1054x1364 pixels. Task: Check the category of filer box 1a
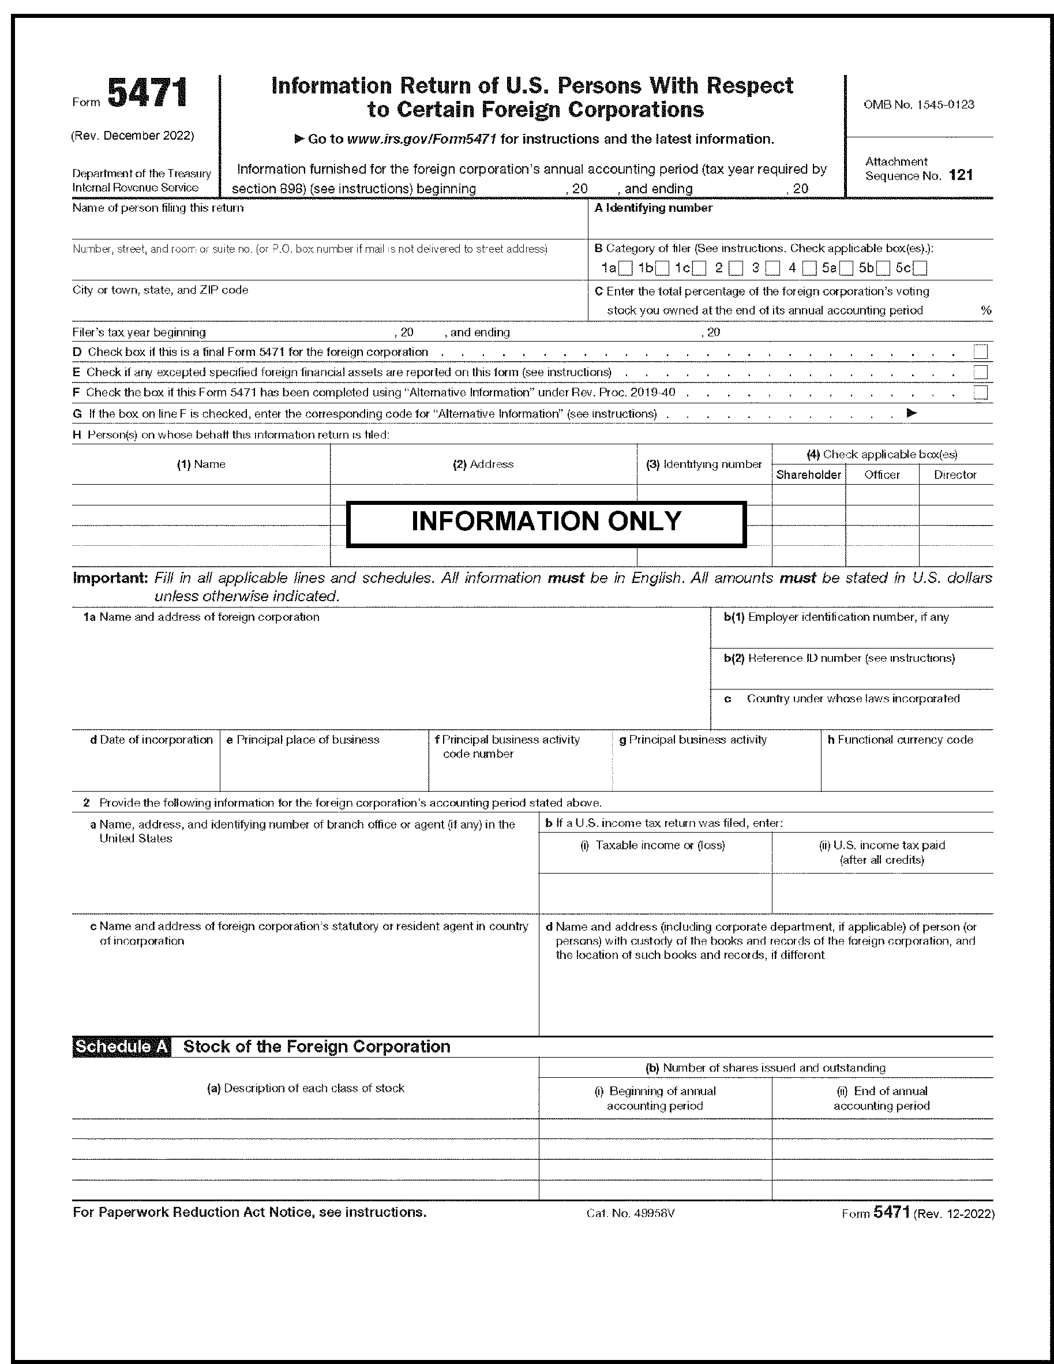[x=627, y=268]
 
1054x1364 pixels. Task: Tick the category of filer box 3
[x=773, y=268]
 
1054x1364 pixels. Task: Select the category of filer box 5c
[x=920, y=268]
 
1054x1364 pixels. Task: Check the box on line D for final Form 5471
[x=980, y=352]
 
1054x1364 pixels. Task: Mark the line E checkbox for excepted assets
[x=980, y=373]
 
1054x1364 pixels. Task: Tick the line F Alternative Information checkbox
[x=980, y=393]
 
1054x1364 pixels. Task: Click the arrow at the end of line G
[x=911, y=413]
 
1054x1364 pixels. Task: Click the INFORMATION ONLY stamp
[x=546, y=522]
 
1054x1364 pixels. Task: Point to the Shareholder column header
[x=809, y=475]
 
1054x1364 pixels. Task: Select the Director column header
[x=955, y=475]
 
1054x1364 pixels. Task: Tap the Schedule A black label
[x=122, y=1047]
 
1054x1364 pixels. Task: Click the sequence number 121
[x=961, y=175]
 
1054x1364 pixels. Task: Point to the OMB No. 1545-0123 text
[x=918, y=105]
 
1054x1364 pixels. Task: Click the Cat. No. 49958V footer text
[x=631, y=1213]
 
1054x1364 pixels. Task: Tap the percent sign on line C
[x=986, y=310]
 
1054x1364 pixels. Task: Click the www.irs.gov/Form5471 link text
[x=422, y=139]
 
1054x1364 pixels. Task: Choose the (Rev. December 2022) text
[x=132, y=136]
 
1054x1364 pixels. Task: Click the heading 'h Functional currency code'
[x=900, y=740]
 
